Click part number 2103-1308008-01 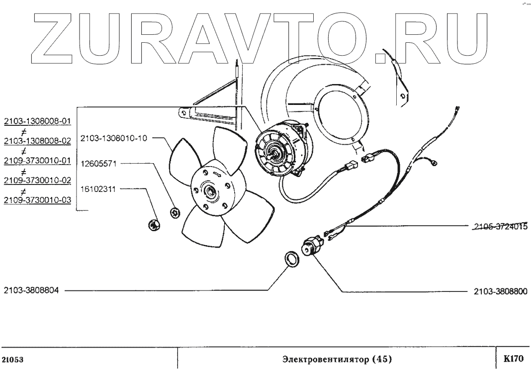tap(37, 121)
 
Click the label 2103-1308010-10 tap(113, 138)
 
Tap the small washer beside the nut tap(175, 213)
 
